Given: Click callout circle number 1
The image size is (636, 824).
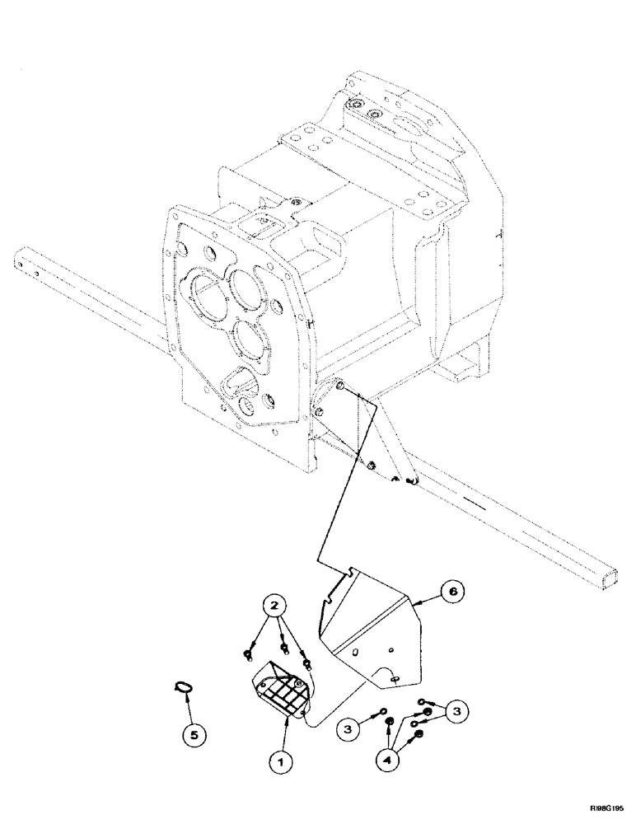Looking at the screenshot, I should [x=280, y=764].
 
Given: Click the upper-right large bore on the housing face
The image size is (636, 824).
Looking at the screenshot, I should [x=244, y=286].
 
